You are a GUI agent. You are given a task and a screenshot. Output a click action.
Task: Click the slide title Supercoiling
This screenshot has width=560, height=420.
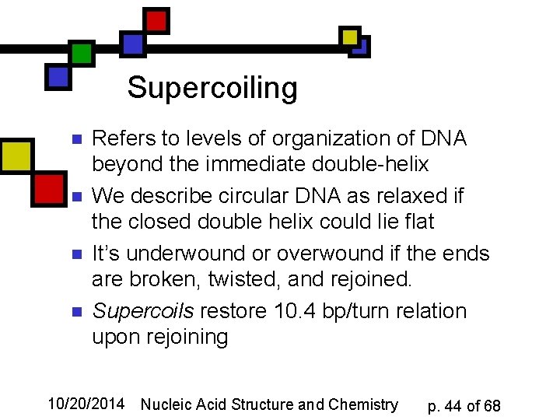tap(212, 87)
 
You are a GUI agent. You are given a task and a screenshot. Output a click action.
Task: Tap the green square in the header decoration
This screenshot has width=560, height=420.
tap(82, 54)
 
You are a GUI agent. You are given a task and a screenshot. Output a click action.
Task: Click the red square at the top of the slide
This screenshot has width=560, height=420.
tap(156, 20)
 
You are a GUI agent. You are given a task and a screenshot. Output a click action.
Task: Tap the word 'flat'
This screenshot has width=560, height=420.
tap(418, 222)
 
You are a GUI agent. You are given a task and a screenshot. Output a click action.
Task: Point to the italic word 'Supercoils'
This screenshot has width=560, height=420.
tap(143, 311)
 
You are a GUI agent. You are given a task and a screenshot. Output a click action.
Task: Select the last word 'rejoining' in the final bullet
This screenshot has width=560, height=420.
tap(159, 337)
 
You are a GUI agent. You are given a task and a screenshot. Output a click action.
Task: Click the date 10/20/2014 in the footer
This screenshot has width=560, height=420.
tap(86, 404)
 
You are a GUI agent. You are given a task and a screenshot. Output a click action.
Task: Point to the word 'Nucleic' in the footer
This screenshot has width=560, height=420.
tap(166, 404)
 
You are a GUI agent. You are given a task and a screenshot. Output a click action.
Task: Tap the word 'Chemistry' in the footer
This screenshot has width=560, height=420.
tap(363, 404)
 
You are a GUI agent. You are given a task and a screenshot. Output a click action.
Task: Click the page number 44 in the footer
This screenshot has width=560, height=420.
tap(453, 406)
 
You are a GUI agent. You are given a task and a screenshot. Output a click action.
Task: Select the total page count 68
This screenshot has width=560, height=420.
tap(492, 406)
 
